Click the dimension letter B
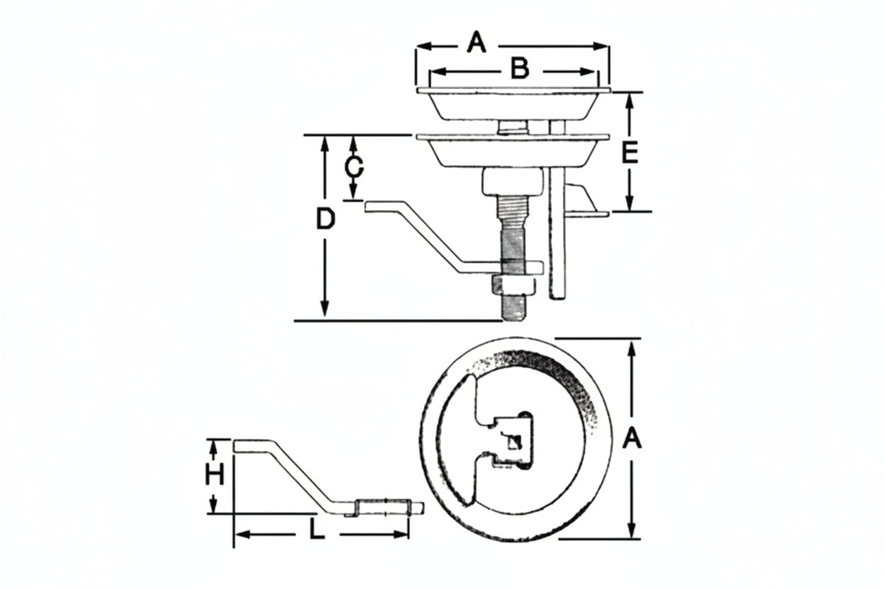520,68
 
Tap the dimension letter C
354,167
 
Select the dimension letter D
325,219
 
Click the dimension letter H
215,474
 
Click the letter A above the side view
476,43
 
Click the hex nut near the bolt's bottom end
513,286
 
